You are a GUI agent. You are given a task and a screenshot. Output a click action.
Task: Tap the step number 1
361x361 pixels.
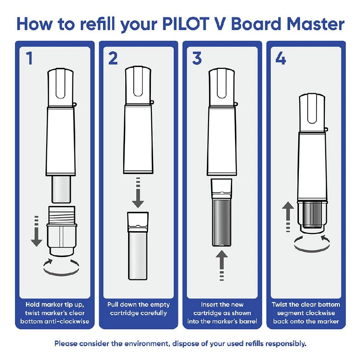click(x=29, y=58)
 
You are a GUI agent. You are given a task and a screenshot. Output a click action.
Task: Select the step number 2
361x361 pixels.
click(x=113, y=58)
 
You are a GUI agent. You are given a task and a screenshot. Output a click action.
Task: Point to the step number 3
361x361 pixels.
click(x=197, y=58)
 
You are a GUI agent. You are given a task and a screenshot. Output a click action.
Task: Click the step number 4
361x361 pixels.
click(x=280, y=58)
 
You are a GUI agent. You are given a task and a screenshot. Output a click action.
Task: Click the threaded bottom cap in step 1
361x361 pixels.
click(x=62, y=229)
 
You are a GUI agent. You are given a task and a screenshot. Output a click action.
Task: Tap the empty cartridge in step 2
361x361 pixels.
click(x=138, y=245)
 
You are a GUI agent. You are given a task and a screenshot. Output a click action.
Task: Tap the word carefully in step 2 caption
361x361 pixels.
click(x=151, y=313)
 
